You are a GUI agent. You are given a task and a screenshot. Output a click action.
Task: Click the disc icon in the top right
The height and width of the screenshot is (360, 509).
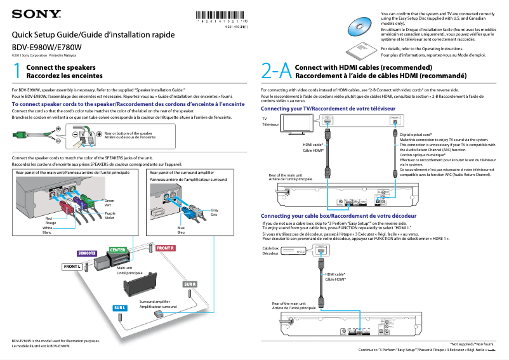click(x=362, y=27)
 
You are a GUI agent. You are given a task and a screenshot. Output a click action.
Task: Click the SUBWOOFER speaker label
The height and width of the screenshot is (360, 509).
click(x=87, y=253)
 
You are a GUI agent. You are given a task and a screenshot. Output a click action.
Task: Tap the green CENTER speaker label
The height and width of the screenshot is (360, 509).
click(x=118, y=250)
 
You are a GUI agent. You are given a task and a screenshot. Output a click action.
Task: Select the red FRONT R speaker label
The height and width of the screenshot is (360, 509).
click(x=166, y=248)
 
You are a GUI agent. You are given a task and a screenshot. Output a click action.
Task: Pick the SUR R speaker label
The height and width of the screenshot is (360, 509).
click(x=190, y=284)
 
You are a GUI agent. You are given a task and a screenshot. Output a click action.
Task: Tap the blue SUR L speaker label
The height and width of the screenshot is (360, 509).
click(x=120, y=308)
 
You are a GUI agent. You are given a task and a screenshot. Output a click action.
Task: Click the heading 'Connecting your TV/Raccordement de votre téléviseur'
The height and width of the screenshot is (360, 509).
click(x=328, y=109)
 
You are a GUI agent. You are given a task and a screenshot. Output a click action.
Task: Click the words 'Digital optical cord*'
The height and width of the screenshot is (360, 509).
click(x=416, y=135)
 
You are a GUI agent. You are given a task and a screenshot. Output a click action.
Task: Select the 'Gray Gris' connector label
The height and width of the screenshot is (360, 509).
click(x=215, y=212)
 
